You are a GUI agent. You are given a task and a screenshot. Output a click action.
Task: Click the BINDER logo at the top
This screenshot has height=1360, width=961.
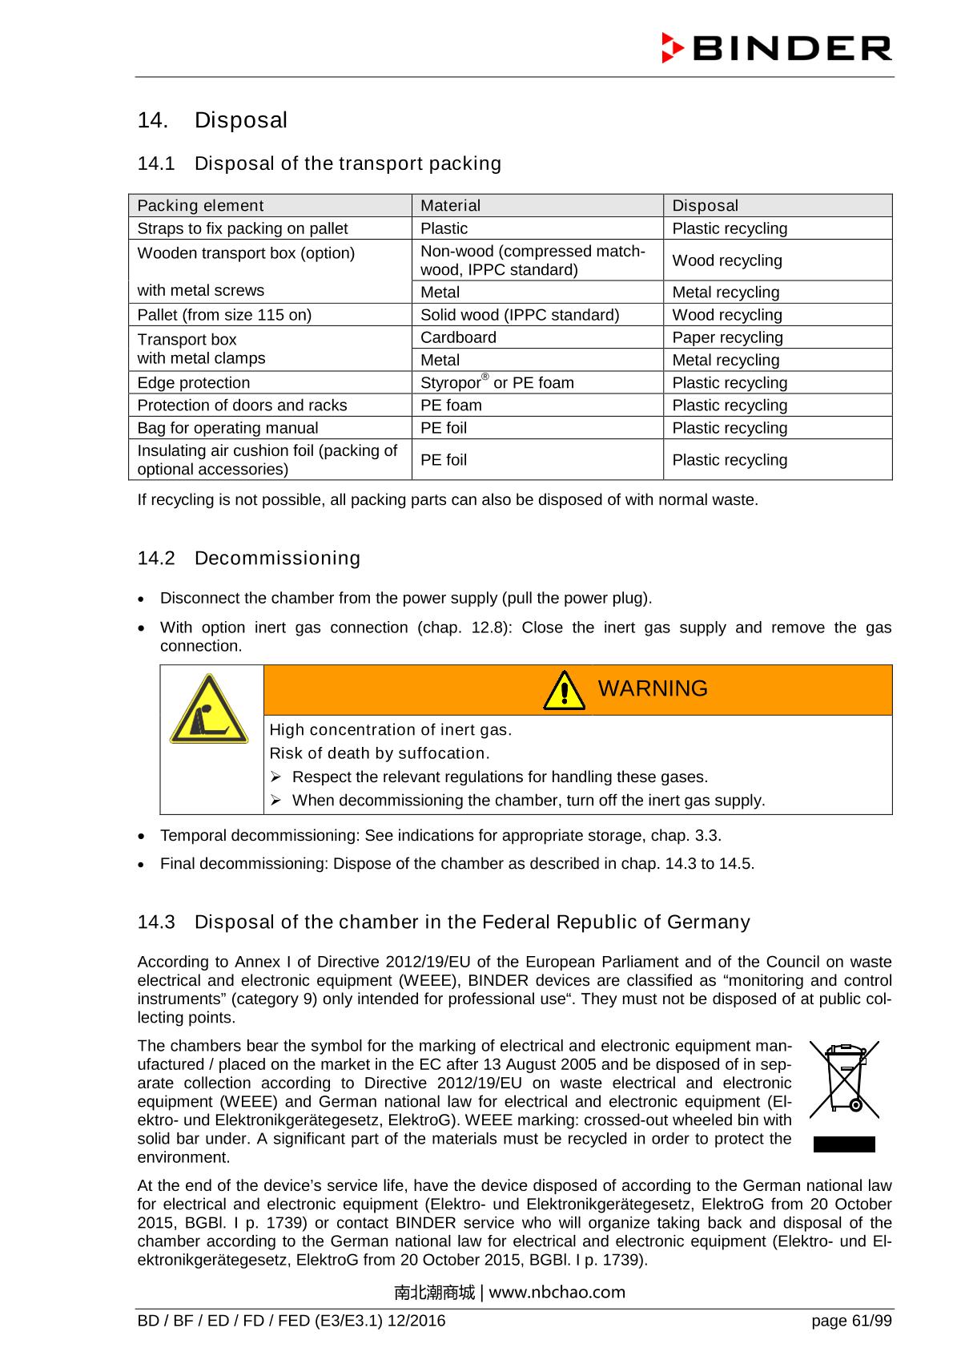click(776, 48)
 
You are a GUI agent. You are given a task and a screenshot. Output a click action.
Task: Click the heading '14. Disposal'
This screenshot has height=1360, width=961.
click(212, 120)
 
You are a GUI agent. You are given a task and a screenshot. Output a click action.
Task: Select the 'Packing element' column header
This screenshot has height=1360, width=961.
click(200, 206)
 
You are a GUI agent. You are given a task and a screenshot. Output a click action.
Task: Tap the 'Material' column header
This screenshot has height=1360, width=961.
click(450, 206)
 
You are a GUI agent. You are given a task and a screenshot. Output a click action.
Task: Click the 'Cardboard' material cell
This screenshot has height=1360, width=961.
click(458, 337)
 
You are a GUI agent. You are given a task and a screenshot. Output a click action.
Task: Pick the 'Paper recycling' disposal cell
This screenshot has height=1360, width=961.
click(727, 337)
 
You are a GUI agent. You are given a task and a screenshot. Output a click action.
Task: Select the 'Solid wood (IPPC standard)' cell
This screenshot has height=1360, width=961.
click(519, 315)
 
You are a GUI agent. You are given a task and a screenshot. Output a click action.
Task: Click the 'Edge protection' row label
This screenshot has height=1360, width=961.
click(194, 383)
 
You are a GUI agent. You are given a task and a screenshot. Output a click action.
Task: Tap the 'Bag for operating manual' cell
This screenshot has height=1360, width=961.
click(227, 428)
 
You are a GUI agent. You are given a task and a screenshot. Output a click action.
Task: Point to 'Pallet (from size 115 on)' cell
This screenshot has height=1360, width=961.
click(224, 315)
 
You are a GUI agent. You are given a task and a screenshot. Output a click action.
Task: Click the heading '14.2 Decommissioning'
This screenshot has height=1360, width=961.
click(249, 558)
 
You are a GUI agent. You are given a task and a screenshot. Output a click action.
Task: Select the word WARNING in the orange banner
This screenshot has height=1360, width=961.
click(653, 688)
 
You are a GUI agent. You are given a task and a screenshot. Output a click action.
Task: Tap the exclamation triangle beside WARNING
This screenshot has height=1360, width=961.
click(564, 691)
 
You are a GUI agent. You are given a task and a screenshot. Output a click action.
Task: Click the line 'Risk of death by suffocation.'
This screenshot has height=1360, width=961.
click(379, 753)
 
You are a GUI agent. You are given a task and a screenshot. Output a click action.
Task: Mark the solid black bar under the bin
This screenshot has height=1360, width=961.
click(844, 1144)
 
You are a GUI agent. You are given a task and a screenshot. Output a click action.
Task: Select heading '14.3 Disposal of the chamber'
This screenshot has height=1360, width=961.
click(444, 922)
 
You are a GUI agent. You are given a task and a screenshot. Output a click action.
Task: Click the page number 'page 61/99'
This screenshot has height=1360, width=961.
click(850, 1320)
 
